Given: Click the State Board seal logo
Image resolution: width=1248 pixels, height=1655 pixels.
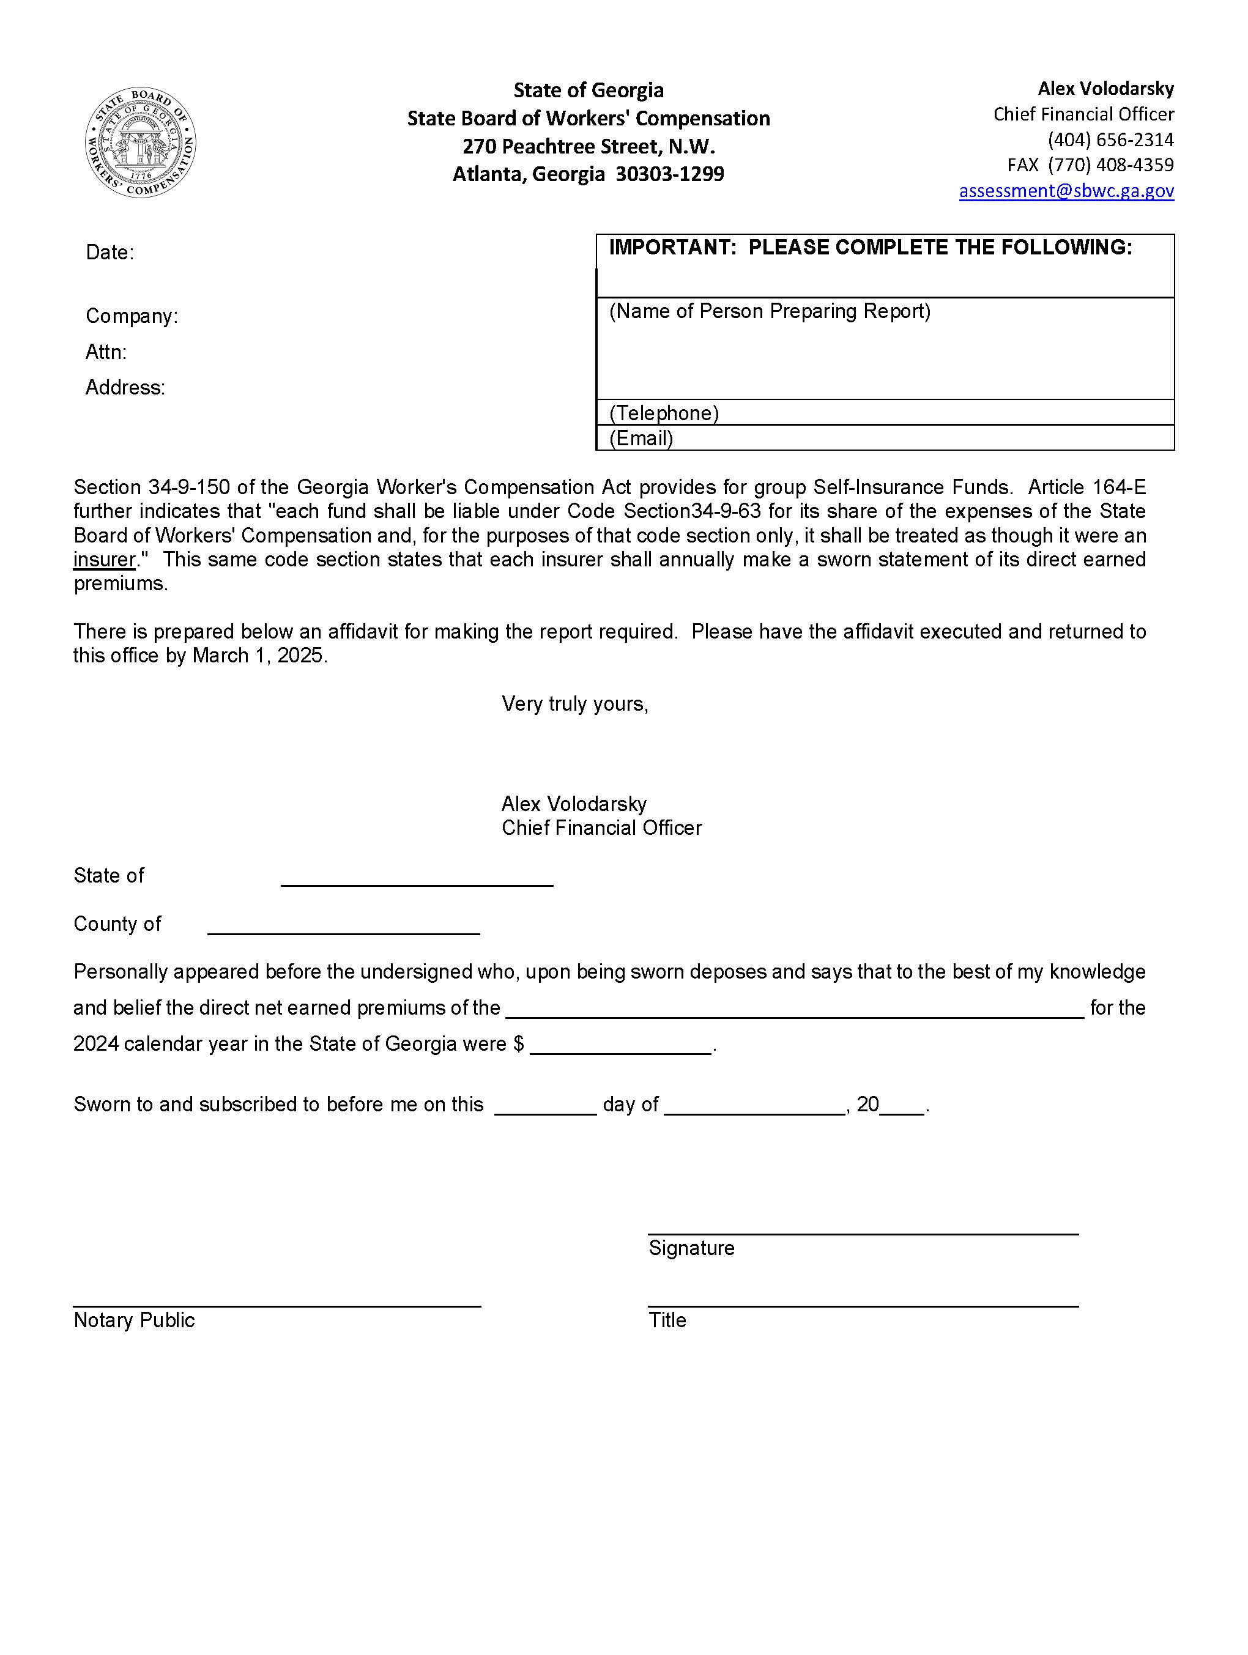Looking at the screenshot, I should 140,142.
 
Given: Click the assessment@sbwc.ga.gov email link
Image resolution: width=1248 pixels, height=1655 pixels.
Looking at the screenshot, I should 1066,191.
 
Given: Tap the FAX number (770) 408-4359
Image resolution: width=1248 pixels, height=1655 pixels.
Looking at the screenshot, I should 1110,165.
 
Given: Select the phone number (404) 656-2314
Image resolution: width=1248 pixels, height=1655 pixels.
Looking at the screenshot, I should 1110,140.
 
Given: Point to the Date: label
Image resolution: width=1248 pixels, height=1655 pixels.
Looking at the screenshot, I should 110,253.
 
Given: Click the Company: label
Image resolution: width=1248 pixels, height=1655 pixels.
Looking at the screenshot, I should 132,316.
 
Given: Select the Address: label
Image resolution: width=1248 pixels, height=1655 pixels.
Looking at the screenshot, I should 125,388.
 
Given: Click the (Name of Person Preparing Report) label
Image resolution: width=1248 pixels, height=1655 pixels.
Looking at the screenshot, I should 769,311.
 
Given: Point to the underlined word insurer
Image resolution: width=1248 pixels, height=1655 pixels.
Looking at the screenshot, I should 105,560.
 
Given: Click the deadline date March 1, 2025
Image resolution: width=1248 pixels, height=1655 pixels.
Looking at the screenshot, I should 259,656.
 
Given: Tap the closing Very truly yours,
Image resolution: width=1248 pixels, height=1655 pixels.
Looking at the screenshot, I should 574,704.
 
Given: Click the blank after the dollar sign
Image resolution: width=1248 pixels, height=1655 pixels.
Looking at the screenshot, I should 621,1045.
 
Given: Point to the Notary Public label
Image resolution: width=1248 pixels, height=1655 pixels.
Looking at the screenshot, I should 134,1320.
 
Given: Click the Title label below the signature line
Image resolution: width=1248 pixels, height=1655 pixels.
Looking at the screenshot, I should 667,1320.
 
